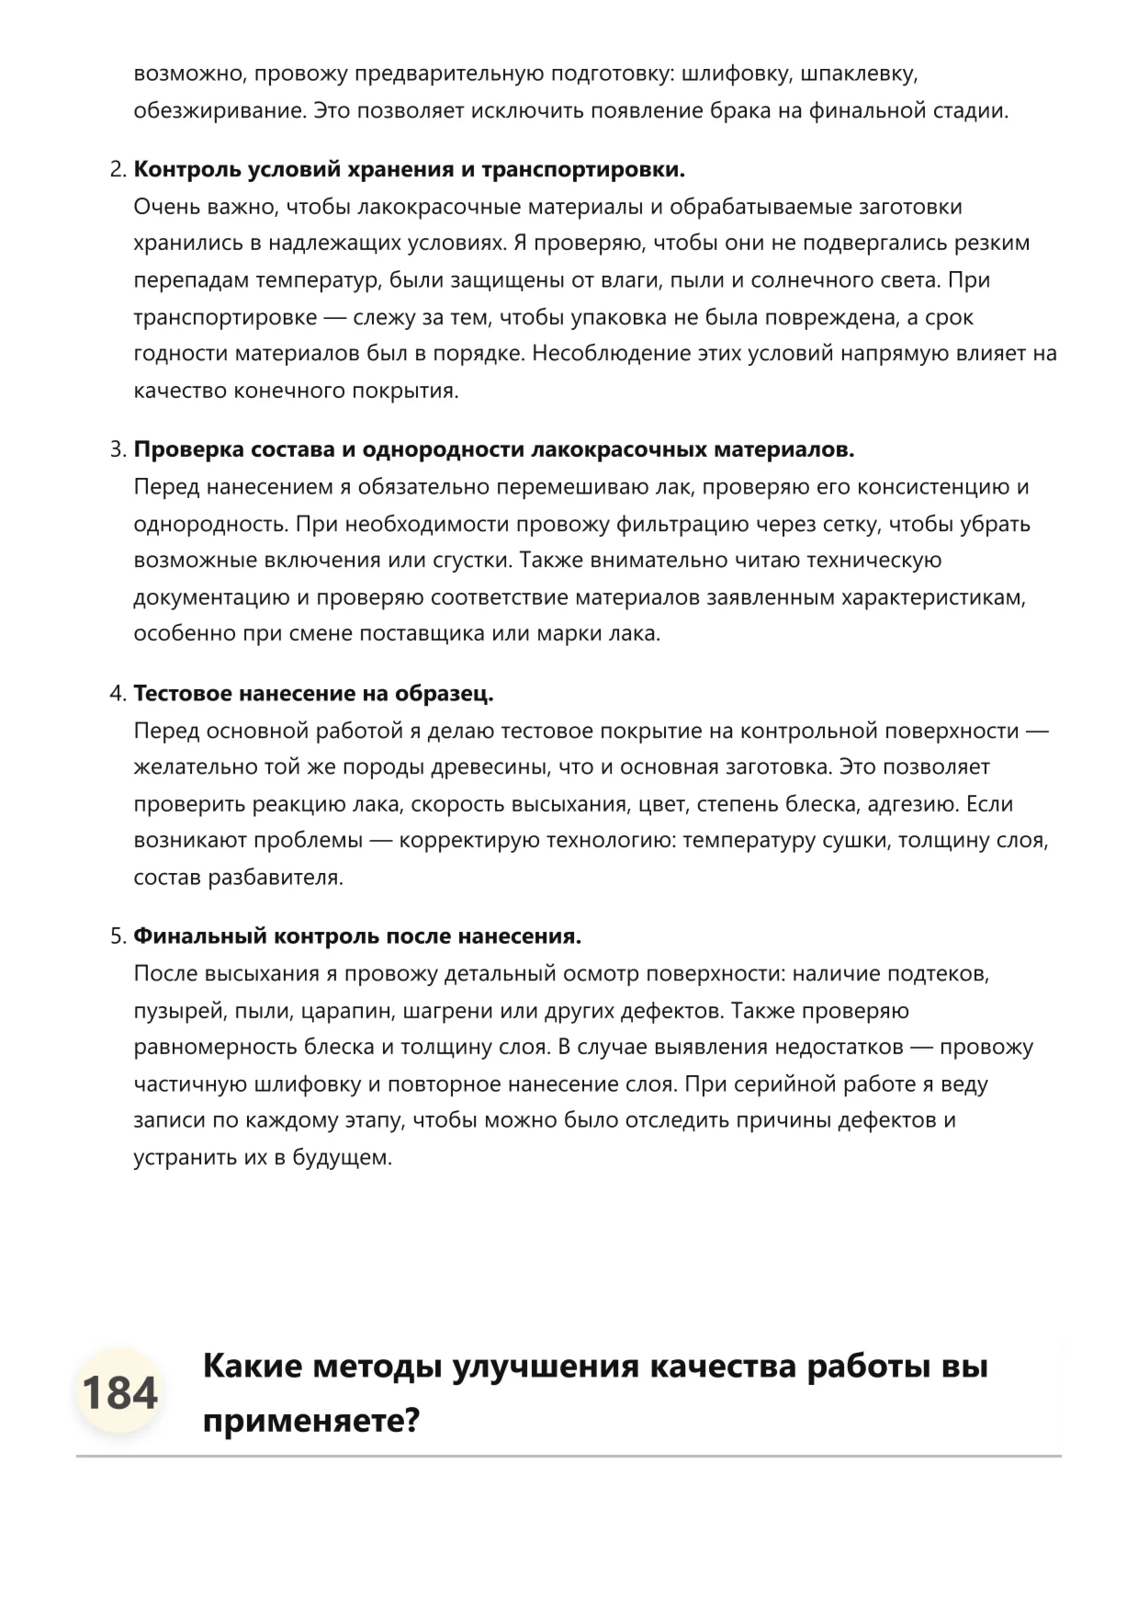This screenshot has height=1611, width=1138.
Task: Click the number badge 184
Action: pos(119,1392)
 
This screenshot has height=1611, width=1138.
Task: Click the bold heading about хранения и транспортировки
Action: pos(410,170)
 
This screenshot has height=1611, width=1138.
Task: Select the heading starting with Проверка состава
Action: pos(494,450)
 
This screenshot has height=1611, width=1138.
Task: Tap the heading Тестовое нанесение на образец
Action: pos(313,694)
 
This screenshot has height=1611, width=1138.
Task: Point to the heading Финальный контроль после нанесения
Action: pos(357,936)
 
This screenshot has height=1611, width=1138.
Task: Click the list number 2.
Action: pos(117,170)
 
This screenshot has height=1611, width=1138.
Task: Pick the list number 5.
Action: pos(117,936)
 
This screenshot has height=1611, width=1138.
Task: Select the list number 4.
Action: pos(117,694)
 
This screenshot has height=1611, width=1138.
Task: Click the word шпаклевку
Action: pos(861,74)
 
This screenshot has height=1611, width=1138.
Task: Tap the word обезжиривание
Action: pos(219,111)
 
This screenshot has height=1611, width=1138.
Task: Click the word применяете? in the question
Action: pos(310,1421)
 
